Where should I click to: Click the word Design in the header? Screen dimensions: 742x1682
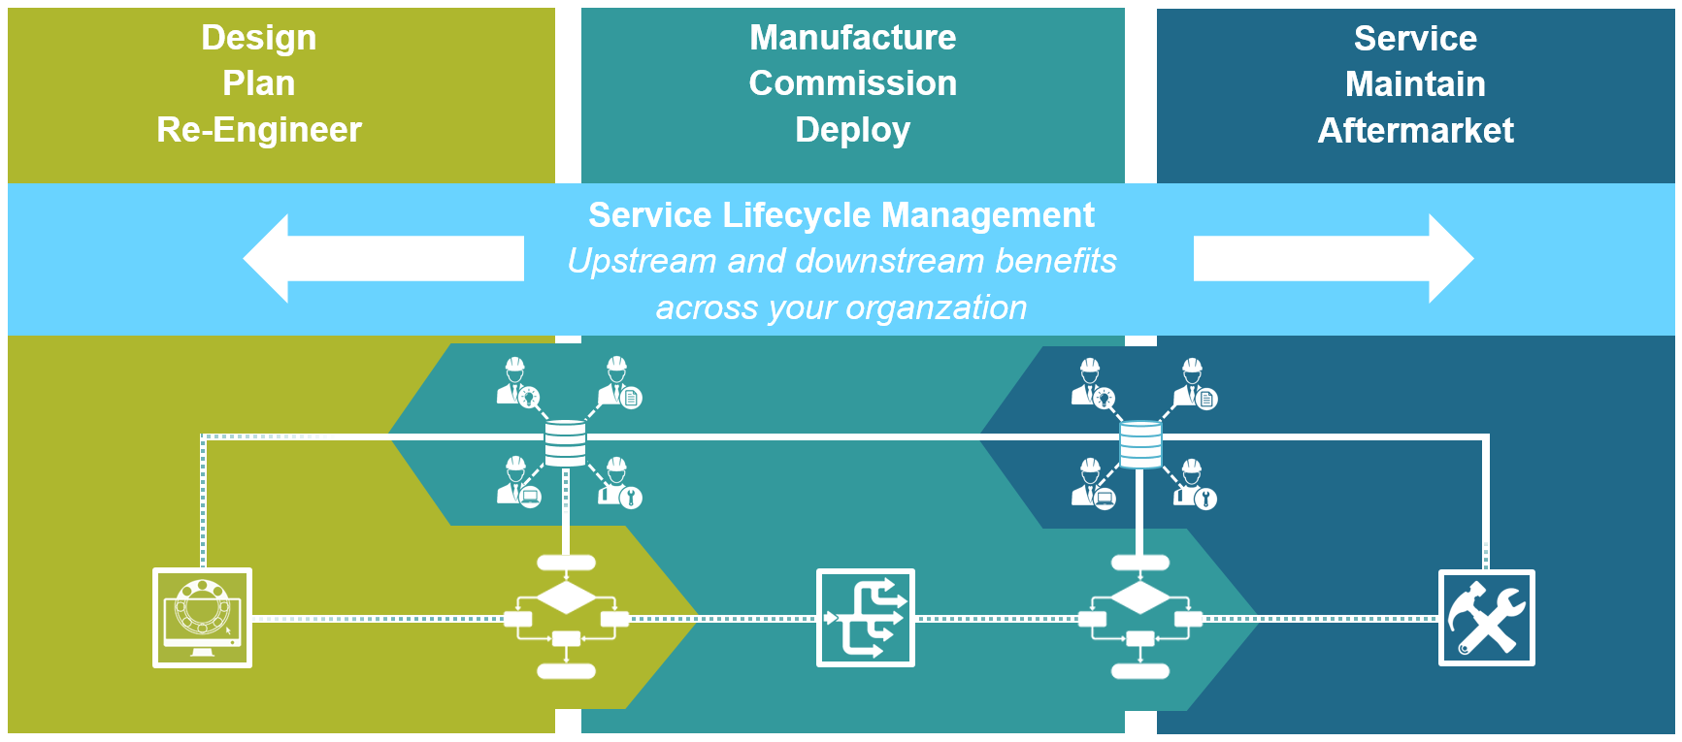pos(258,38)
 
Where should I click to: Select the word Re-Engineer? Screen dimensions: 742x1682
pos(258,130)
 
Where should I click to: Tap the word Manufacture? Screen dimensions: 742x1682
pos(852,38)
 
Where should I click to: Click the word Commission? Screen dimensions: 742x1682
pos(852,83)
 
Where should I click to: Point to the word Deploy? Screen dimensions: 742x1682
pos(852,130)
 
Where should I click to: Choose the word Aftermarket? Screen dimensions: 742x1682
pos(1415,131)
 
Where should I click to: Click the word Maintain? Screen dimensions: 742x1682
pos(1415,84)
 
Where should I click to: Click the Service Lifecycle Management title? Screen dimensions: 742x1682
pos(841,215)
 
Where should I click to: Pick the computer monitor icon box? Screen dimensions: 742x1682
pos(202,618)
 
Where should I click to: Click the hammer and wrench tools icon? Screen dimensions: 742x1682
pos(1486,618)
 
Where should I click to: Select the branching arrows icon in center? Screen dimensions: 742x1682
pos(865,618)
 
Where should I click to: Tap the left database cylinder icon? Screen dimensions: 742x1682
pos(565,443)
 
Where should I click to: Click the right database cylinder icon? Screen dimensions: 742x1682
pos(1140,443)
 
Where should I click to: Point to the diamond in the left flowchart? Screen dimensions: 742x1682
pos(566,597)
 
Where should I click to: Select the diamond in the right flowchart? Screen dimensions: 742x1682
pos(1140,597)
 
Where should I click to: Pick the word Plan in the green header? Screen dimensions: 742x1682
pos(258,83)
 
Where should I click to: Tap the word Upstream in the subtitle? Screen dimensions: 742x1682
pos(642,262)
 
